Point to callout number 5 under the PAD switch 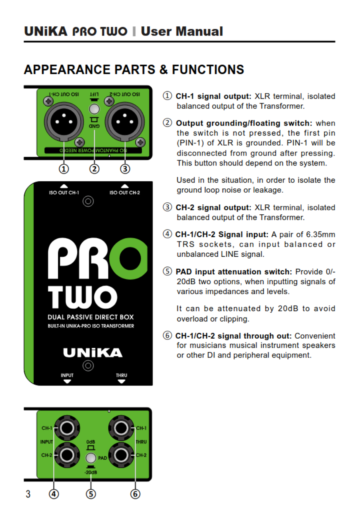(x=91, y=494)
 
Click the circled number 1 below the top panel (x=63, y=169)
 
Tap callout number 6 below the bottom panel (x=135, y=494)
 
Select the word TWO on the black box (x=83, y=297)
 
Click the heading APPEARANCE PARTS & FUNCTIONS (x=134, y=70)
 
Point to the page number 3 (x=28, y=494)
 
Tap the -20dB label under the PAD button (x=91, y=473)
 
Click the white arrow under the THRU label (x=121, y=381)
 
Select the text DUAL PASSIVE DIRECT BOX (x=90, y=317)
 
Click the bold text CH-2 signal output (x=213, y=208)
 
